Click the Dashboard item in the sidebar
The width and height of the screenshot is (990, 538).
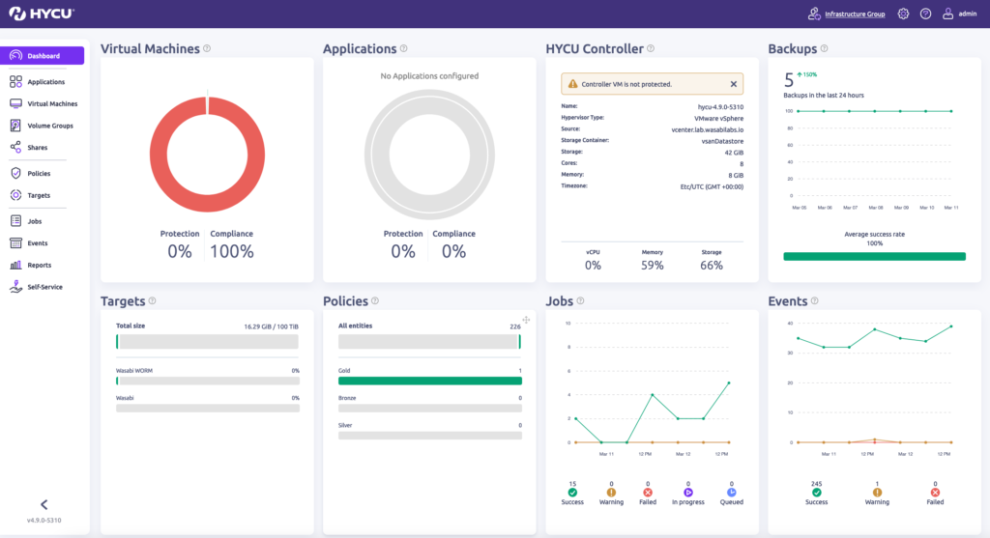pos(44,56)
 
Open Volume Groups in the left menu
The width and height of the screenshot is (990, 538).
pos(49,126)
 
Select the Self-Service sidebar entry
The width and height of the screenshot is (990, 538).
pos(44,287)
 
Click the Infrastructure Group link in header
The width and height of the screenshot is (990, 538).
pos(854,14)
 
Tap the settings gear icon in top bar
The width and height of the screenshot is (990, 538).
pos(903,14)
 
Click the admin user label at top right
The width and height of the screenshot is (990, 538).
pos(967,14)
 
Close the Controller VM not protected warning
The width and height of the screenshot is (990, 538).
pos(733,84)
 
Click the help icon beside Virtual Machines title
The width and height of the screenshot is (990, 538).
pos(207,48)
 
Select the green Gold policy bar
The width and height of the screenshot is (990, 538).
pos(429,382)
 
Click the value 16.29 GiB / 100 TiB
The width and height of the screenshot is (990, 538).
pos(271,326)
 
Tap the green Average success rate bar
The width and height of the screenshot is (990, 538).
pos(874,256)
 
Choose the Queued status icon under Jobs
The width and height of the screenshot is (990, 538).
pos(731,493)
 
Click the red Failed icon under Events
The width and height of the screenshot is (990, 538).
pos(935,493)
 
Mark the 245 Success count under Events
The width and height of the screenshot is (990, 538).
pos(816,484)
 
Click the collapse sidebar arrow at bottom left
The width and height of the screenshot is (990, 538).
pos(44,504)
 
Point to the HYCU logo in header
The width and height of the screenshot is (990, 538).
pos(41,14)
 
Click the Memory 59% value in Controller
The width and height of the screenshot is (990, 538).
pos(652,265)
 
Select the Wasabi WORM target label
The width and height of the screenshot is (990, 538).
pos(134,370)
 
